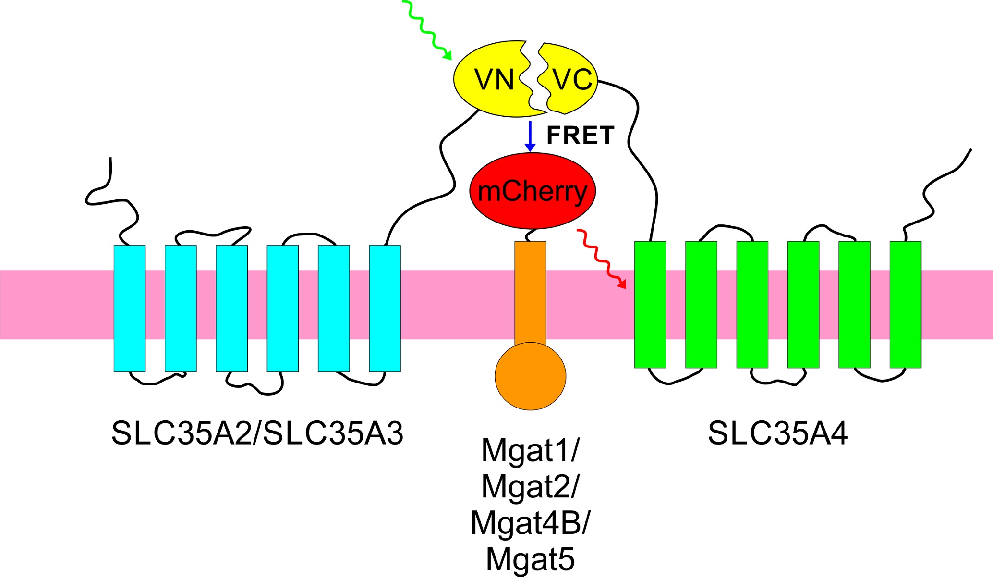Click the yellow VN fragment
click(490, 79)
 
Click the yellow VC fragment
click(571, 79)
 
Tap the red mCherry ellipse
click(532, 191)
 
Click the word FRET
click(580, 136)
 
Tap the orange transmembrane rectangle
click(530, 293)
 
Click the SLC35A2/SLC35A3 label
click(257, 433)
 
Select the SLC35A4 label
click(777, 433)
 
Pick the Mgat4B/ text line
click(530, 523)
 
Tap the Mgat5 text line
click(530, 559)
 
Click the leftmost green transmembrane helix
click(650, 305)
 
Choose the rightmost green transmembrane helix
click(905, 305)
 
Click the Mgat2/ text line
click(530, 486)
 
